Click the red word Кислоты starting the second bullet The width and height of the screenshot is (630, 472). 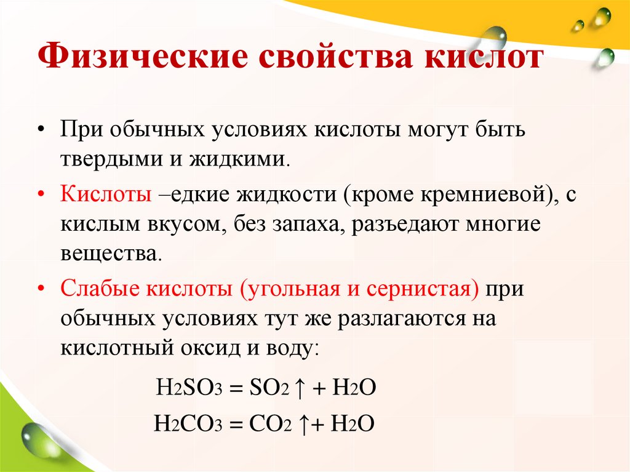[106, 195]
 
